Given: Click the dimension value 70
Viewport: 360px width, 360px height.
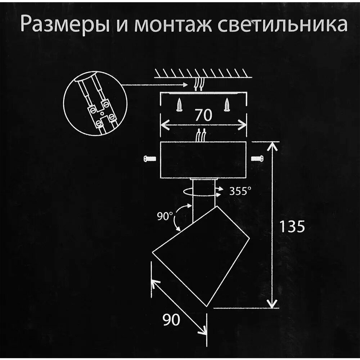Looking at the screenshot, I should [203, 116].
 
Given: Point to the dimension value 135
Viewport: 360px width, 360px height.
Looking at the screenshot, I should [292, 227].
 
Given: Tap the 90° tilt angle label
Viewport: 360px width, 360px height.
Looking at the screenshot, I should [165, 217].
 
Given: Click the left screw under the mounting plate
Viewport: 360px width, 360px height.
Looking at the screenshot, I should [179, 105].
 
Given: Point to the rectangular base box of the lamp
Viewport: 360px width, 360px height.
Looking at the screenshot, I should [203, 159].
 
